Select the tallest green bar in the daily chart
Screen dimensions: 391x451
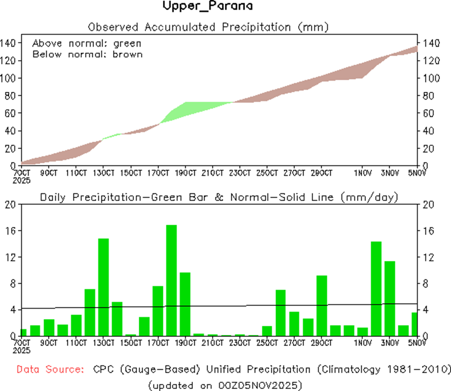(172, 280)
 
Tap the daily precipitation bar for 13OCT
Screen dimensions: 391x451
(103, 287)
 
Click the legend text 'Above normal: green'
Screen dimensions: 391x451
(87, 43)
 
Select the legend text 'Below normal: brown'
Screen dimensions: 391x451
(87, 54)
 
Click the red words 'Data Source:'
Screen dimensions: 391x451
(49, 370)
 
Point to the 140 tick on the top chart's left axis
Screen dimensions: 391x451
(9, 43)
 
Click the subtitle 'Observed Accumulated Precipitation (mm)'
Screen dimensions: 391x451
(208, 27)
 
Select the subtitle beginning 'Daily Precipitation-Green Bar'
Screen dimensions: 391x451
(219, 197)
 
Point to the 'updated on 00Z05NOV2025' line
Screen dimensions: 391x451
(225, 385)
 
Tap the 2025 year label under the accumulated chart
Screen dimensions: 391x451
(22, 180)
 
